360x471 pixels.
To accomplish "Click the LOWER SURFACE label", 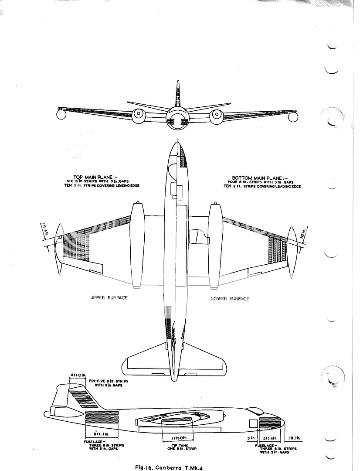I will tap(230, 298).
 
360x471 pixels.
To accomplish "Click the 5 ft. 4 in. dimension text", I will tap(267, 437).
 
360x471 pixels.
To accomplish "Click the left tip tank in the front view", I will tap(62, 114).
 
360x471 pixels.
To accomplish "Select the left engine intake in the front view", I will tap(139, 115).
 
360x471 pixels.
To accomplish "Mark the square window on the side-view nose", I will tap(253, 423).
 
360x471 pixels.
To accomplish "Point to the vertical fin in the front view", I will tap(178, 94).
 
